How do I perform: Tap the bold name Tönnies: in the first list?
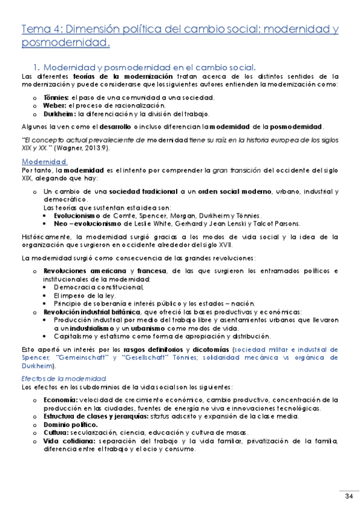(x=56, y=97)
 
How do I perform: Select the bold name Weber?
(x=54, y=105)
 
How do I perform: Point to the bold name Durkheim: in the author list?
(x=59, y=114)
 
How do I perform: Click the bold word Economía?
(x=60, y=399)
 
